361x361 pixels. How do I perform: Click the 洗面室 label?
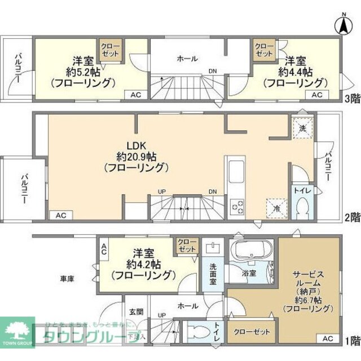pyautogui.click(x=213, y=277)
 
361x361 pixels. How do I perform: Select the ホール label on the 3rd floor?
pyautogui.click(x=187, y=57)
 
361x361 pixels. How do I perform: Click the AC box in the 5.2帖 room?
pyautogui.click(x=135, y=95)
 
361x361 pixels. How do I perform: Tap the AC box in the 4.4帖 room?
pyautogui.click(x=318, y=95)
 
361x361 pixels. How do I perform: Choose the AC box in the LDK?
pyautogui.click(x=61, y=215)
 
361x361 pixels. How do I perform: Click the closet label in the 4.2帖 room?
pyautogui.click(x=187, y=245)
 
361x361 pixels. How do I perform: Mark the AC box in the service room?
pyautogui.click(x=329, y=338)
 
